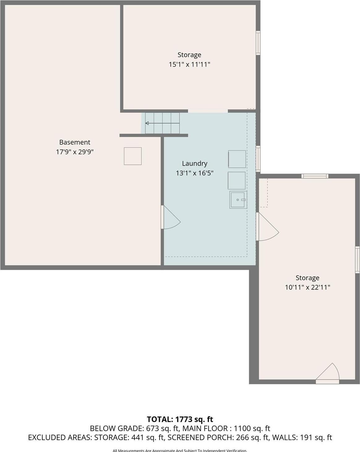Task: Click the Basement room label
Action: pyautogui.click(x=75, y=142)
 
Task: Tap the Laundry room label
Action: pyautogui.click(x=195, y=163)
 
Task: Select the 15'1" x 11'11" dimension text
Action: pyautogui.click(x=189, y=64)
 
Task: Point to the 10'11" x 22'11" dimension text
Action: pyautogui.click(x=307, y=287)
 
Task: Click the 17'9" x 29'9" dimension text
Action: pyautogui.click(x=75, y=152)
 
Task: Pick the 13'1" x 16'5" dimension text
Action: pyautogui.click(x=195, y=173)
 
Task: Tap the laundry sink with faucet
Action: pyautogui.click(x=238, y=200)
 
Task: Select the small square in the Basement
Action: pyautogui.click(x=133, y=156)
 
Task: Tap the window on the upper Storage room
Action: pyautogui.click(x=258, y=43)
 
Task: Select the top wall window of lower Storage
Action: pyautogui.click(x=315, y=176)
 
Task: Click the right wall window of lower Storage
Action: pyautogui.click(x=358, y=260)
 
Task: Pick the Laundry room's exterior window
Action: pyautogui.click(x=258, y=158)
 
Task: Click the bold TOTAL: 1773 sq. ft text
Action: pyautogui.click(x=180, y=419)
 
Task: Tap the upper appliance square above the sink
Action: pyautogui.click(x=237, y=159)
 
